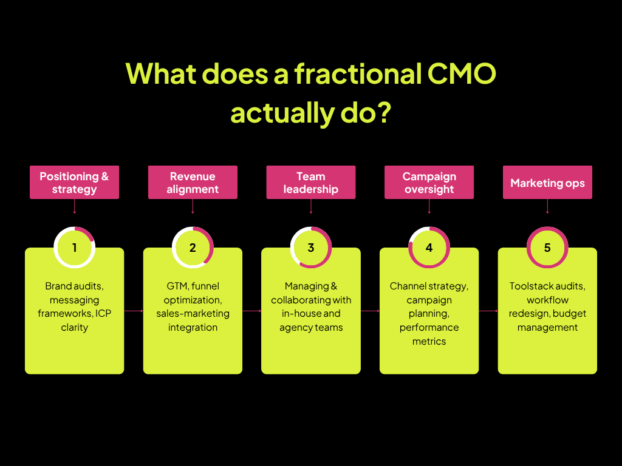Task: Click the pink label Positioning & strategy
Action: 74,182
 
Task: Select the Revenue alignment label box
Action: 193,182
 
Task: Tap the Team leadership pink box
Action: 311,182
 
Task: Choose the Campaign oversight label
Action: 429,182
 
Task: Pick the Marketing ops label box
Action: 547,182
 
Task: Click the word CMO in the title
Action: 462,73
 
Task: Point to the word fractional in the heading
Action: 358,73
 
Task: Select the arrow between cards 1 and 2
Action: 134,311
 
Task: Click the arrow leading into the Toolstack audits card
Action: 488,311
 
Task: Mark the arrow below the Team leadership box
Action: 311,206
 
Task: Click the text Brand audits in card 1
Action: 74,286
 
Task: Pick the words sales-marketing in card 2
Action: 193,314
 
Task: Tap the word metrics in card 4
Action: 429,341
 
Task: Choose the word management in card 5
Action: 547,328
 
